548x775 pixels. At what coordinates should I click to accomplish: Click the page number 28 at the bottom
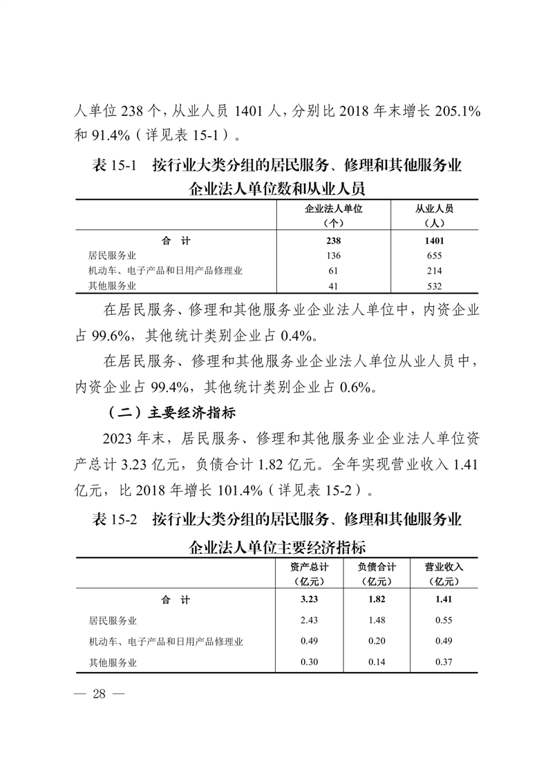coord(99,694)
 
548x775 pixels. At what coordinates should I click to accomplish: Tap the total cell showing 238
coord(334,241)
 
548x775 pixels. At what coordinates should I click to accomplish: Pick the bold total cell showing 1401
coord(434,241)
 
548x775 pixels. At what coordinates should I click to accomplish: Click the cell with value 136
coord(334,256)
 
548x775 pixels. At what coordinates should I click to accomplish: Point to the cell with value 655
coord(434,256)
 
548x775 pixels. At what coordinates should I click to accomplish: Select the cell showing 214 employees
coord(434,271)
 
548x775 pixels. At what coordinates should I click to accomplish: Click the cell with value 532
coord(434,285)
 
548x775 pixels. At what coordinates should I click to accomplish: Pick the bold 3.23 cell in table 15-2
coord(309,600)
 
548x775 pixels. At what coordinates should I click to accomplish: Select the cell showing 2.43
coord(309,620)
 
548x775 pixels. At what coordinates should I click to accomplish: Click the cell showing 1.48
coord(377,620)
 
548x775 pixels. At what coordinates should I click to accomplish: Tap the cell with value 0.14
coord(377,662)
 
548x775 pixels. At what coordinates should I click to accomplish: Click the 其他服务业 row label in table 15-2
coord(113,662)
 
